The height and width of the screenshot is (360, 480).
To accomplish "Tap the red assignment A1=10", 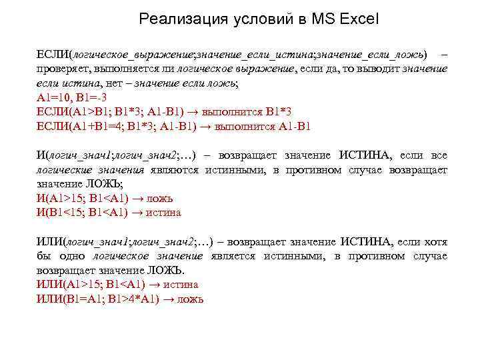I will pyautogui.click(x=52, y=97).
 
